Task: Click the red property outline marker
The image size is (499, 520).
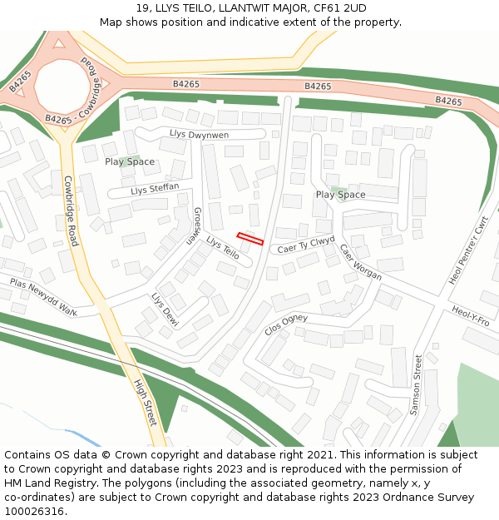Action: click(250, 239)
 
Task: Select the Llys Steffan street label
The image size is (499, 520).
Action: click(156, 190)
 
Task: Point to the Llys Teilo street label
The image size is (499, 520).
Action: click(223, 249)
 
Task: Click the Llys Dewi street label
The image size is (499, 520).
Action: click(165, 309)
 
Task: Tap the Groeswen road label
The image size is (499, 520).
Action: click(192, 225)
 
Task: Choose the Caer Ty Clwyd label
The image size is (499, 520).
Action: click(307, 245)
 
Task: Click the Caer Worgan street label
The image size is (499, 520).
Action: click(360, 261)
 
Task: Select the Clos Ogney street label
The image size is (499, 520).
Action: click(286, 324)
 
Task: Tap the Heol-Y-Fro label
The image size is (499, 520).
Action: click(471, 316)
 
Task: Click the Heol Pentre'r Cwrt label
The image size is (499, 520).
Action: click(468, 250)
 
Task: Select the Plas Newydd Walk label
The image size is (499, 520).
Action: click(43, 298)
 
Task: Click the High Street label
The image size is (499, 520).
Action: click(146, 403)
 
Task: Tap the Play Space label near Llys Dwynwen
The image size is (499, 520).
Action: click(130, 161)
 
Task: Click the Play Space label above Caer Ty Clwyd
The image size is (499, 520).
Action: click(340, 195)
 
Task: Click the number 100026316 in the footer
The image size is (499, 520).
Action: click(35, 511)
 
